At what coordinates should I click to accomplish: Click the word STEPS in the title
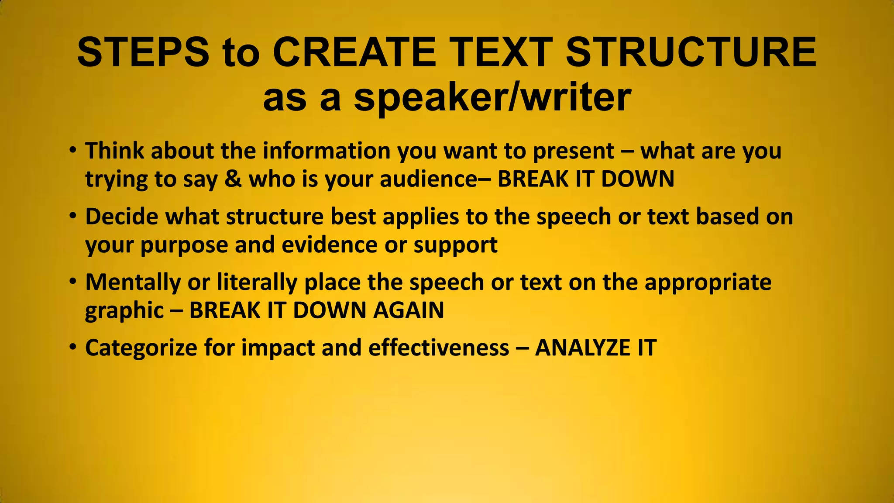(x=143, y=52)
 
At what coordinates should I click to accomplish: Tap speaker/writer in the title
(x=492, y=97)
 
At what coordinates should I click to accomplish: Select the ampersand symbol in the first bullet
(x=233, y=179)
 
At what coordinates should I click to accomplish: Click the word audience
(x=429, y=179)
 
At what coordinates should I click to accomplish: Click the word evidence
(x=330, y=245)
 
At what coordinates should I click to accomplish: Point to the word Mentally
(x=133, y=283)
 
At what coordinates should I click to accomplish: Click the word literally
(x=257, y=283)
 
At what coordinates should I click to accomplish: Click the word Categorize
(x=141, y=348)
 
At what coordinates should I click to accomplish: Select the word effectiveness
(x=439, y=348)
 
